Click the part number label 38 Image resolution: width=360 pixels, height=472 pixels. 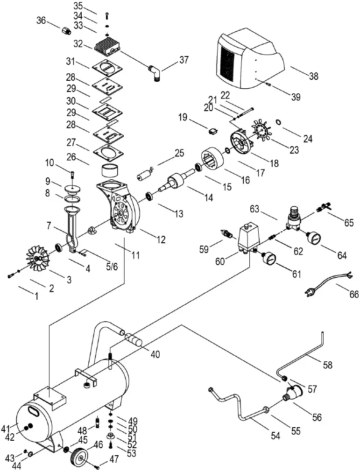coord(313,76)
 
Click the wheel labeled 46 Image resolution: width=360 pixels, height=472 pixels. coord(80,456)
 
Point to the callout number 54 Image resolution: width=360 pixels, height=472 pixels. coord(275,436)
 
